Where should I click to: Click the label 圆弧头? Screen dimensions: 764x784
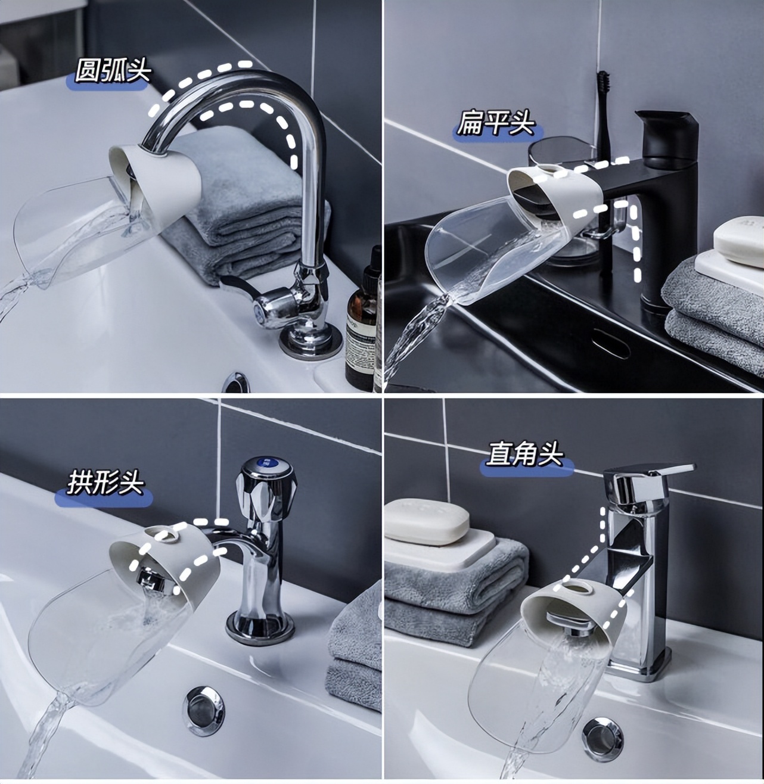[113, 72]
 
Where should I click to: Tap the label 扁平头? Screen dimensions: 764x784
[496, 123]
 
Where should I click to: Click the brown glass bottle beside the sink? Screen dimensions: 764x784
[362, 318]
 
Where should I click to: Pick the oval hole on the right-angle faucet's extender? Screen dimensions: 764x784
[579, 589]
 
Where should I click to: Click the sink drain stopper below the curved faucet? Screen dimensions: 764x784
[237, 382]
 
